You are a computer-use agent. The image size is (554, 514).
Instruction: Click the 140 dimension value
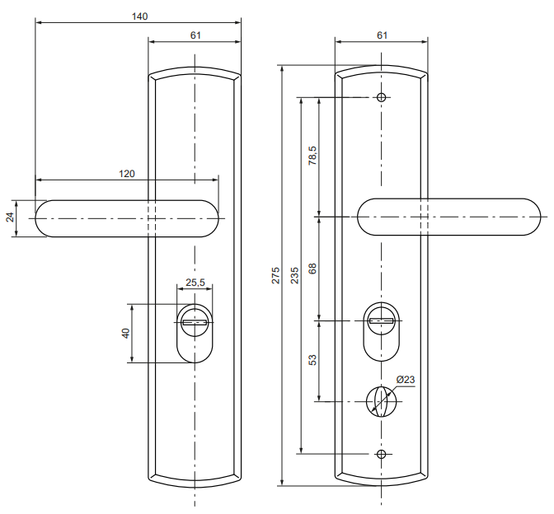[x=139, y=16]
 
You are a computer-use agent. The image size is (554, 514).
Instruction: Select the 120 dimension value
[x=126, y=174]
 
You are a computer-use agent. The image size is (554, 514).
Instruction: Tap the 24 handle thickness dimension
[x=10, y=217]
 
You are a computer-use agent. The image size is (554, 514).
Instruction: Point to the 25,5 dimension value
[x=195, y=282]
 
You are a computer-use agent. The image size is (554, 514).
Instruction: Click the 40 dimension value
[x=126, y=334]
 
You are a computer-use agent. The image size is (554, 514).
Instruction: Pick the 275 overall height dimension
[x=275, y=275]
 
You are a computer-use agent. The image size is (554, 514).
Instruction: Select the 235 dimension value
[x=294, y=275]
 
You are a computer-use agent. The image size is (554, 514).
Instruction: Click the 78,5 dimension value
[x=312, y=156]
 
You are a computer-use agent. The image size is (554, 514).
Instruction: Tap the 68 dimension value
[x=312, y=269]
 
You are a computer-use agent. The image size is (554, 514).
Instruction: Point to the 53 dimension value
[x=312, y=360]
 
